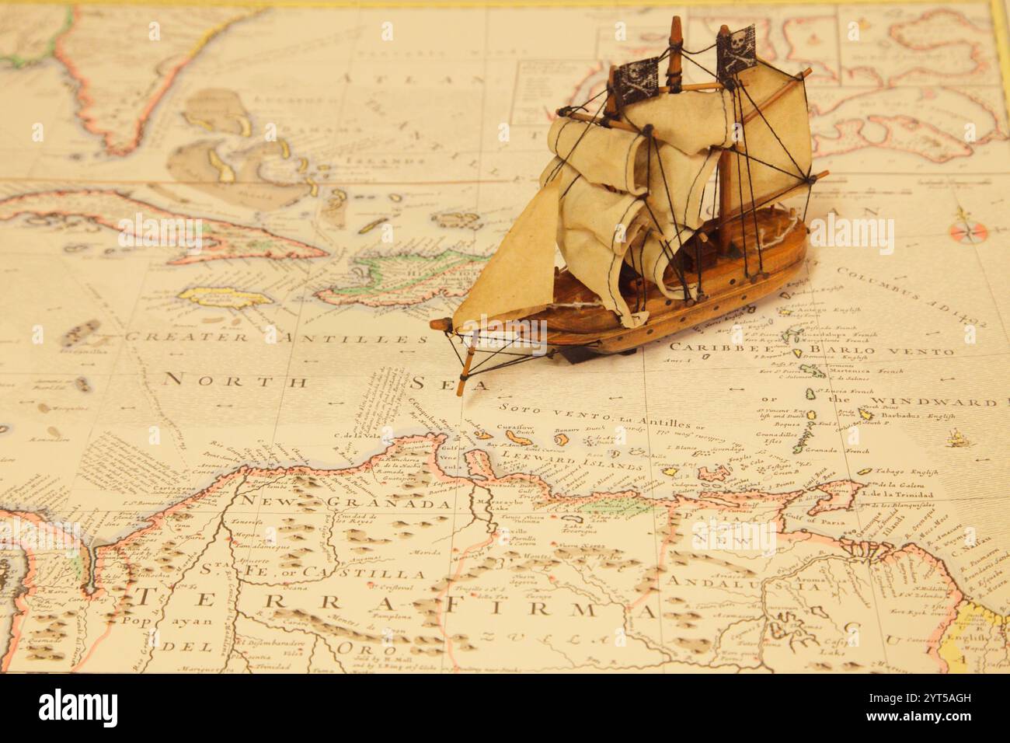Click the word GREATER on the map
pos(187,337)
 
